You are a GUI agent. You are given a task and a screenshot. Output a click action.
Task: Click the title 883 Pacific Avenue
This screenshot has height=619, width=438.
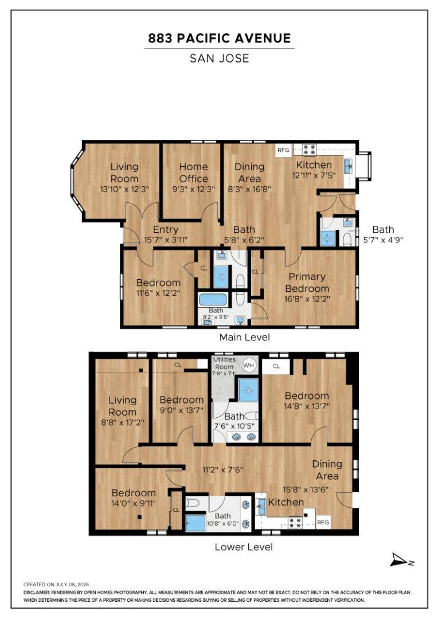click(219, 38)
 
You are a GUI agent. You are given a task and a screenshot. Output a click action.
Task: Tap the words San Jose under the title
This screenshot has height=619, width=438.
click(219, 58)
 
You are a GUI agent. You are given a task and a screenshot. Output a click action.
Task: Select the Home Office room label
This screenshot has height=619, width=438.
click(194, 173)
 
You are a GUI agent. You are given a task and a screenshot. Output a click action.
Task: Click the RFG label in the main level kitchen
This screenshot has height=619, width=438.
click(283, 150)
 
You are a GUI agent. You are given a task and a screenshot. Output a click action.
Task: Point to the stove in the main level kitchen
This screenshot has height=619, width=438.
click(309, 149)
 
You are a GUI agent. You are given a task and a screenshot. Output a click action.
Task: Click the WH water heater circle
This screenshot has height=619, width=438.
click(248, 365)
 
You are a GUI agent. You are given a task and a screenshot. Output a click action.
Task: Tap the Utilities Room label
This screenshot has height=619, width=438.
click(224, 363)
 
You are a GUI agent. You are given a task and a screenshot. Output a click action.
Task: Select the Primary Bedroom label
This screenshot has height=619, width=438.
click(307, 282)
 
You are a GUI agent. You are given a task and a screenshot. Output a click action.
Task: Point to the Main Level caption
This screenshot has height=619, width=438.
click(244, 337)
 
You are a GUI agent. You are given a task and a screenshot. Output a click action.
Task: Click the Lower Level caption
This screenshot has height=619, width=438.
click(244, 547)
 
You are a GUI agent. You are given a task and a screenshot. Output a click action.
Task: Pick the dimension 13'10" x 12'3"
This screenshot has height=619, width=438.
click(124, 189)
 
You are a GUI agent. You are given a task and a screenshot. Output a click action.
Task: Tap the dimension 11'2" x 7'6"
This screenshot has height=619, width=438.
click(223, 469)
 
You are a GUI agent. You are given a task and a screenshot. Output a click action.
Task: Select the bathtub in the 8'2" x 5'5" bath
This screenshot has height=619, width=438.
click(213, 299)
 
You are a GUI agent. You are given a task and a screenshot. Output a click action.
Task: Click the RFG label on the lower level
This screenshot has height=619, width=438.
click(323, 522)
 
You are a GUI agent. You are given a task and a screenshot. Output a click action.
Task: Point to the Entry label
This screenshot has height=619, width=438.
click(166, 229)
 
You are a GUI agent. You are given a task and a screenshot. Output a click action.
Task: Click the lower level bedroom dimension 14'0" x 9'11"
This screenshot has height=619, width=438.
click(134, 503)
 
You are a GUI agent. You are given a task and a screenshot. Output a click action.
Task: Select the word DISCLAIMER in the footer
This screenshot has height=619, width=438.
click(36, 593)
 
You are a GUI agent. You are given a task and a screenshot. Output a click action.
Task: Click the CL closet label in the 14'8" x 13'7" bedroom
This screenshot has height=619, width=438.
click(276, 366)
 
